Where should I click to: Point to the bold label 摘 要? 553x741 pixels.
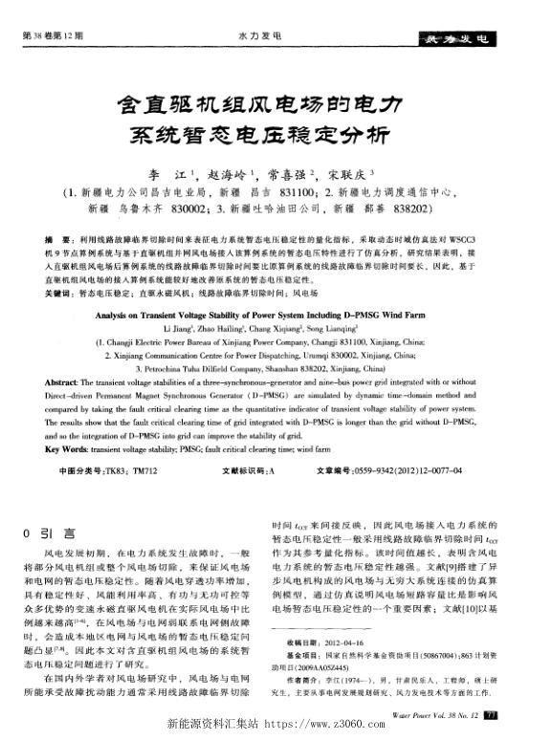[60, 235]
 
